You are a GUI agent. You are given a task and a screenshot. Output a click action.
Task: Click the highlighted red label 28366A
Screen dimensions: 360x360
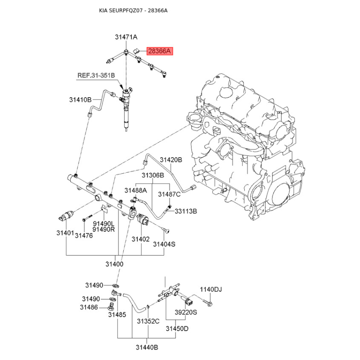coord(160,52)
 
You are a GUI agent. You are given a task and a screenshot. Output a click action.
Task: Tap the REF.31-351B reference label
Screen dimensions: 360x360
coord(96,76)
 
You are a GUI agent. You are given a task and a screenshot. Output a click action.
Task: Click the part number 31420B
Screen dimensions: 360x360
coord(171,160)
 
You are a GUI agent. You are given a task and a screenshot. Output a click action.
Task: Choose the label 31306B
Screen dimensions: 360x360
coord(153,175)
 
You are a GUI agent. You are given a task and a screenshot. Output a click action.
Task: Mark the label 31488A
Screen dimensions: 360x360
coord(136,190)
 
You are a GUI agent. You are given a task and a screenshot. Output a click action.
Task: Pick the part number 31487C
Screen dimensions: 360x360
coord(169,194)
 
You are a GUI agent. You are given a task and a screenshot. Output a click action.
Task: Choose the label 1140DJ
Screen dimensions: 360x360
coord(211,289)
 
